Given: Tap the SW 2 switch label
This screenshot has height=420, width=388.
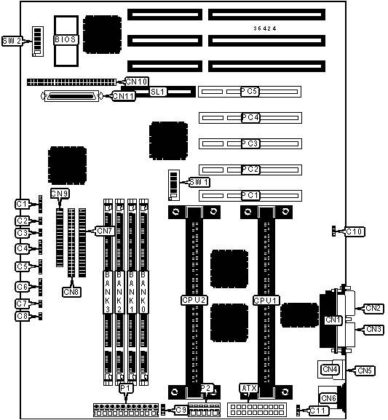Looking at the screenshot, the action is point(12,41).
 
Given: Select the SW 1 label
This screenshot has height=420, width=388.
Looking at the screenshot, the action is point(199,182).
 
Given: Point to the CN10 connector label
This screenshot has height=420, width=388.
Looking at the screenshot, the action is point(137,82).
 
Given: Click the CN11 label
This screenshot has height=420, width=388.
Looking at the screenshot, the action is point(124,96).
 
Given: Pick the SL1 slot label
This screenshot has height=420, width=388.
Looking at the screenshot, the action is point(158,92).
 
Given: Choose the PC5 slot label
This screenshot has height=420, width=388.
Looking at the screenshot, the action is point(250,91).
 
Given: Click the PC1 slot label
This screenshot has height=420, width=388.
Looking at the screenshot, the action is point(250,195).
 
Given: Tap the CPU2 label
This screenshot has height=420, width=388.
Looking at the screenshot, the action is point(194,300).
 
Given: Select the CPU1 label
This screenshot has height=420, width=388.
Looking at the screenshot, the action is point(266,301).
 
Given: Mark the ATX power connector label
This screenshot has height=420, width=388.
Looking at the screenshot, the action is point(249,388).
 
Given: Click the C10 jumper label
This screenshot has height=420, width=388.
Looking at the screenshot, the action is point(355,231).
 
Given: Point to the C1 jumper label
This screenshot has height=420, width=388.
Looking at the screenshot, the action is point(22,204).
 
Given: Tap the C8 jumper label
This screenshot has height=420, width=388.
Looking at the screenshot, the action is point(22,316).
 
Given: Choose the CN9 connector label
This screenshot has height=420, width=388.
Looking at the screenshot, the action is point(60,194).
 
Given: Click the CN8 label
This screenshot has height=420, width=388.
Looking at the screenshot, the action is point(71,292).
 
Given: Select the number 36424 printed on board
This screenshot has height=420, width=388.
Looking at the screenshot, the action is point(265,28).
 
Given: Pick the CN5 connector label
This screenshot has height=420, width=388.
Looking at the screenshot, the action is point(365,371).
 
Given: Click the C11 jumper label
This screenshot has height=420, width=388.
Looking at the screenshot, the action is point(319,411).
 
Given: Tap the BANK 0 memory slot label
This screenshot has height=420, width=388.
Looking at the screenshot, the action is point(143,292).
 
